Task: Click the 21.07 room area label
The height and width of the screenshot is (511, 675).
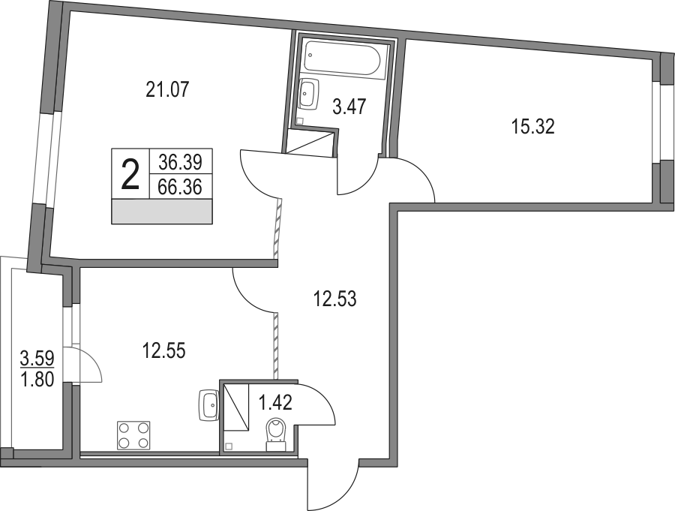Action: [x=168, y=89]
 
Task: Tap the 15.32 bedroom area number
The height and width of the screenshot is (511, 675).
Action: [x=533, y=127]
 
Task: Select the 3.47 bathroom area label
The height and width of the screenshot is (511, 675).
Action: [x=349, y=107]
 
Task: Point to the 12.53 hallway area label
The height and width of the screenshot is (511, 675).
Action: [x=335, y=299]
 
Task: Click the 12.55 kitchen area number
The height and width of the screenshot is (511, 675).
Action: [x=164, y=350]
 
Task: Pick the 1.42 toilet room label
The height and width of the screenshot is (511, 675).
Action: [x=275, y=403]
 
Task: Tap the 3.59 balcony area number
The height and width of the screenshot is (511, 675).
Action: [x=37, y=358]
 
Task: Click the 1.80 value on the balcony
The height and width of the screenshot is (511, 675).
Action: [x=37, y=380]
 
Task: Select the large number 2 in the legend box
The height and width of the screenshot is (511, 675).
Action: [x=130, y=173]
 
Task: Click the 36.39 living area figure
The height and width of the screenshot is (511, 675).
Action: [x=180, y=162]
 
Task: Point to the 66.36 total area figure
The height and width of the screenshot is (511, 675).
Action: [x=180, y=187]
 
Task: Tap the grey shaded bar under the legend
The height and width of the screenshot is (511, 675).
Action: [x=162, y=212]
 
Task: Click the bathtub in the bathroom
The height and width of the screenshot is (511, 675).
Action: [x=342, y=59]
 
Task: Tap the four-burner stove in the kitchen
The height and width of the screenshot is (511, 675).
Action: [x=133, y=435]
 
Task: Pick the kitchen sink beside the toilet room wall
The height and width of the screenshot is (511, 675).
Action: [x=209, y=405]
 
